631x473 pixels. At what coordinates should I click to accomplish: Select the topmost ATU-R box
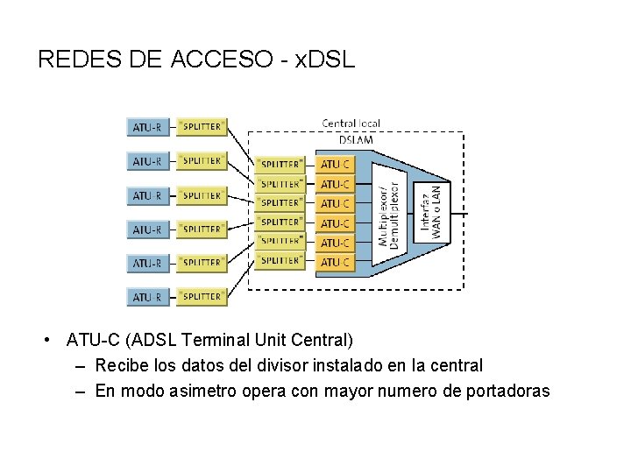[x=147, y=127]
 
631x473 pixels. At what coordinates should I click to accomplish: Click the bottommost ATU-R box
[x=147, y=297]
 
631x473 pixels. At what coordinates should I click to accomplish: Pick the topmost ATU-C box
[x=336, y=164]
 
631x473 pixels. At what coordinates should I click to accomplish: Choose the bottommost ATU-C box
[x=336, y=262]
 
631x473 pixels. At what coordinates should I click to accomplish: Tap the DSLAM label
[x=355, y=139]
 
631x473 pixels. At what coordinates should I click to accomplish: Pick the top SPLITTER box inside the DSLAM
[x=280, y=164]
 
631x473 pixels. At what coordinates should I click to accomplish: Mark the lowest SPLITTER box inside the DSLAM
[x=280, y=261]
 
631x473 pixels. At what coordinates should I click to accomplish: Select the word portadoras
[x=507, y=391]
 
